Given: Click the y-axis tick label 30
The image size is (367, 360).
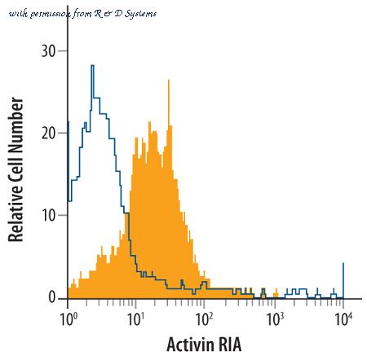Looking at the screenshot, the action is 49,50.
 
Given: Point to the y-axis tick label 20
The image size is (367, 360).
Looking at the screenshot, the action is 49,133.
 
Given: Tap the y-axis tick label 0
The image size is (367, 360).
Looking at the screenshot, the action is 52,297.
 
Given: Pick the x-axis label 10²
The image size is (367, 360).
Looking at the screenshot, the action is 205,318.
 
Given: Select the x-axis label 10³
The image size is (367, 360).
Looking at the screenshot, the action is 275,318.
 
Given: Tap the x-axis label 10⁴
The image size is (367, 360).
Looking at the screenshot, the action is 343,318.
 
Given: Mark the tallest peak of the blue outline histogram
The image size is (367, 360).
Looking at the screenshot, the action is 92,66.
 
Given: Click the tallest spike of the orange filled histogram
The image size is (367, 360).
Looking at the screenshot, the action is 169,81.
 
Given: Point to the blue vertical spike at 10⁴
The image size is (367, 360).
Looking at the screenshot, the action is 343,280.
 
